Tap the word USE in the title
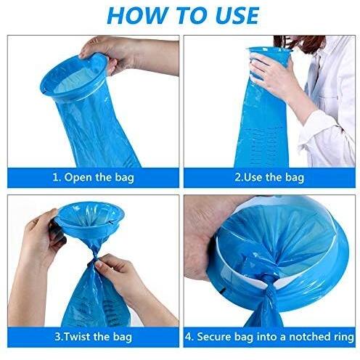click(x=237, y=15)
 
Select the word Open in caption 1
click(x=78, y=178)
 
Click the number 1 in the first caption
click(x=55, y=177)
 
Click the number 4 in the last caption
click(x=187, y=337)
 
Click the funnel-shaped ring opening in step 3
click(x=90, y=219)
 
